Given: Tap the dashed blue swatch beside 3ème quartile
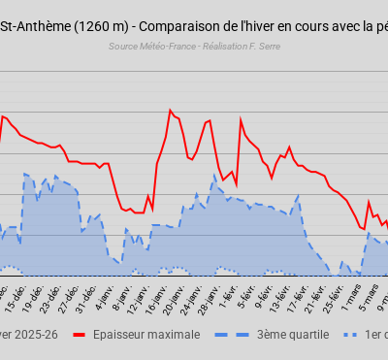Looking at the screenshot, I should [x=238, y=335].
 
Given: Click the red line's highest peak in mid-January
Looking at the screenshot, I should [x=171, y=110].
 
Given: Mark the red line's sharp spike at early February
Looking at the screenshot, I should [x=241, y=119].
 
